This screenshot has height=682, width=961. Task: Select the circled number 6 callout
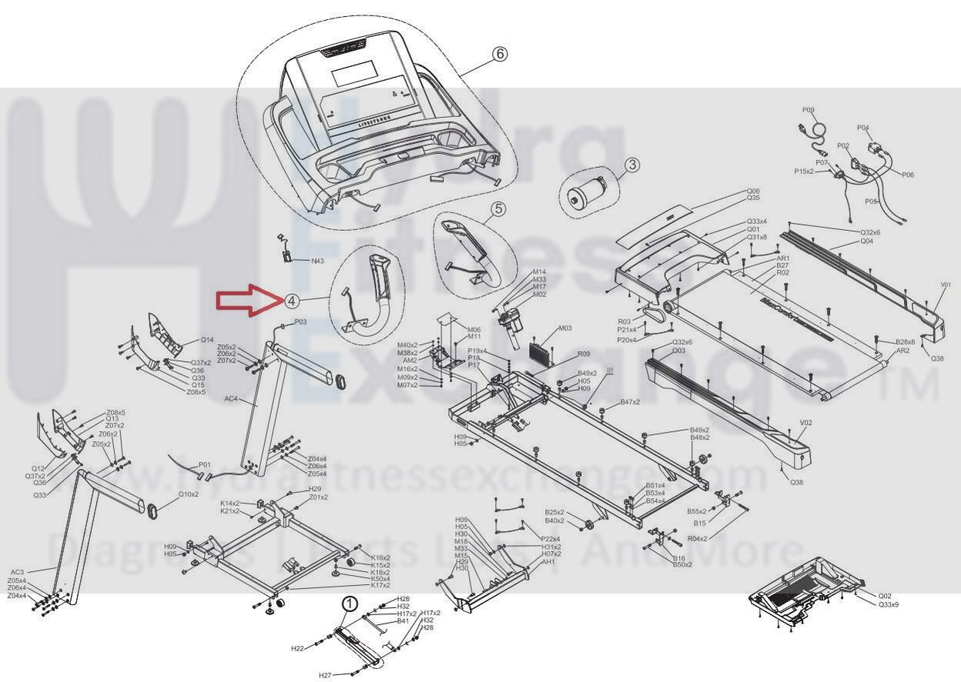500,54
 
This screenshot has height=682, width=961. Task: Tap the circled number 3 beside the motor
631,164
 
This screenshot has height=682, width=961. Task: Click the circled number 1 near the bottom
350,604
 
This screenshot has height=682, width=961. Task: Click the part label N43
317,261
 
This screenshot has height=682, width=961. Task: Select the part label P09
808,111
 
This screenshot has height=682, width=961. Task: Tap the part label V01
946,286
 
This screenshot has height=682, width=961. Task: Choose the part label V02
806,423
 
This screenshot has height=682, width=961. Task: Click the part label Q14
207,339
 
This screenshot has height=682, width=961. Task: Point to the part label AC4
231,400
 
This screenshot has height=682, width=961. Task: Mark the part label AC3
17,572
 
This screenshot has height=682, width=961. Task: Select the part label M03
564,329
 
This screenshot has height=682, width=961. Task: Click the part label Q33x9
888,604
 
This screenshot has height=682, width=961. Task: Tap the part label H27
325,675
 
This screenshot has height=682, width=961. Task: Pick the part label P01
204,464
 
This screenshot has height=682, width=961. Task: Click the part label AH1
548,562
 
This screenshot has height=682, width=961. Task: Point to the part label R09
584,354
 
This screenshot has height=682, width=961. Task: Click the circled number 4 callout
292,301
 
